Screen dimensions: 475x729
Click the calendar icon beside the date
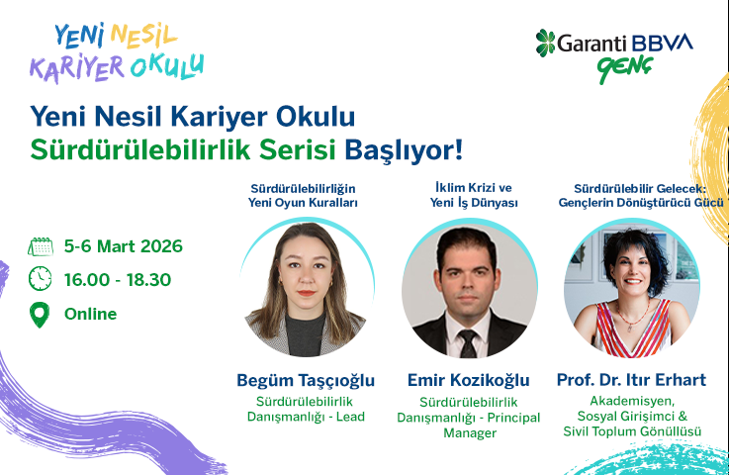pos(40,246)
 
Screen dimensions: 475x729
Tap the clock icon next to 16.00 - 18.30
pos(40,279)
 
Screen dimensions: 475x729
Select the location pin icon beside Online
pos(40,315)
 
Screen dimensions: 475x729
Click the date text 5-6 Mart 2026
pos(123,246)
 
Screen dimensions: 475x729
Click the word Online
pos(90,315)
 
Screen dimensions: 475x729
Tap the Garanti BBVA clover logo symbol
pos(547,43)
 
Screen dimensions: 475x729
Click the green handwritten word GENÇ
pos(620,70)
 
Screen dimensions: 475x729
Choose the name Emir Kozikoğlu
pos(468,380)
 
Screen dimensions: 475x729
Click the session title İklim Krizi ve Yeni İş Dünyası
pos(468,195)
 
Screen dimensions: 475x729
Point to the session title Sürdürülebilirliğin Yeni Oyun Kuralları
pos(302,195)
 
